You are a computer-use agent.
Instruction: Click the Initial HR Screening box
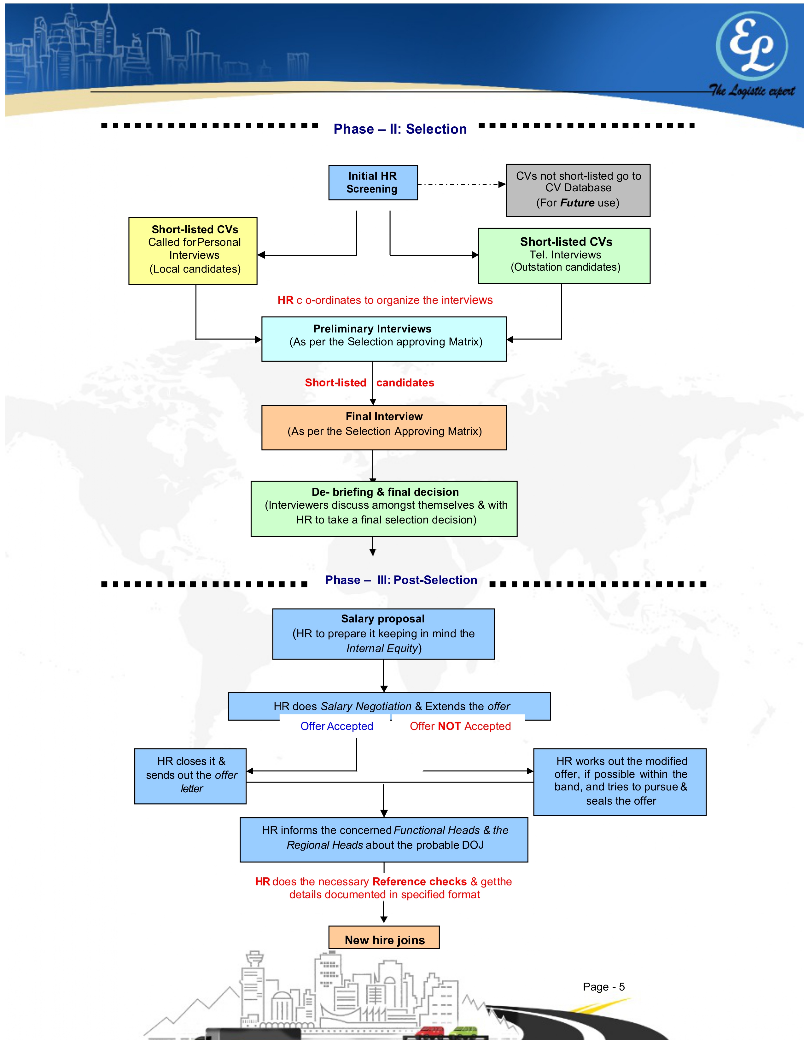pyautogui.click(x=373, y=182)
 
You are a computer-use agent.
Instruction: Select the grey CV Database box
pyautogui.click(x=578, y=190)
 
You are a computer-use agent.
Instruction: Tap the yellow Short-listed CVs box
pyautogui.click(x=193, y=251)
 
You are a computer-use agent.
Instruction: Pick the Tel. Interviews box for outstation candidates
pyautogui.click(x=564, y=256)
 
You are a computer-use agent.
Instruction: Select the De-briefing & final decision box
pyautogui.click(x=384, y=509)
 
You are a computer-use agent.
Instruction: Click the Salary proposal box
pyautogui.click(x=383, y=633)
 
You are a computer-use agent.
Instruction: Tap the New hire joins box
pyautogui.click(x=384, y=939)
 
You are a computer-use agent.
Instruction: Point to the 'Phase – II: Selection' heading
pyautogui.click(x=400, y=129)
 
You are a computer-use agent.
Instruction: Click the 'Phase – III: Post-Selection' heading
pyautogui.click(x=401, y=580)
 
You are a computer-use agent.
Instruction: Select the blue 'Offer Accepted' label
pyautogui.click(x=337, y=726)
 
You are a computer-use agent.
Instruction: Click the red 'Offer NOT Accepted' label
pyautogui.click(x=460, y=726)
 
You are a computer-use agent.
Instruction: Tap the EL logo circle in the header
pyautogui.click(x=752, y=45)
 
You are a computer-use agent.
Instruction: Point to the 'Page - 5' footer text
pyautogui.click(x=603, y=987)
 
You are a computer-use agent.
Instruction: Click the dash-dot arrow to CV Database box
pyautogui.click(x=461, y=184)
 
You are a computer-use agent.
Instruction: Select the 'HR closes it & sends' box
pyautogui.click(x=190, y=776)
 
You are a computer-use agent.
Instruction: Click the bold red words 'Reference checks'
pyautogui.click(x=420, y=881)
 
